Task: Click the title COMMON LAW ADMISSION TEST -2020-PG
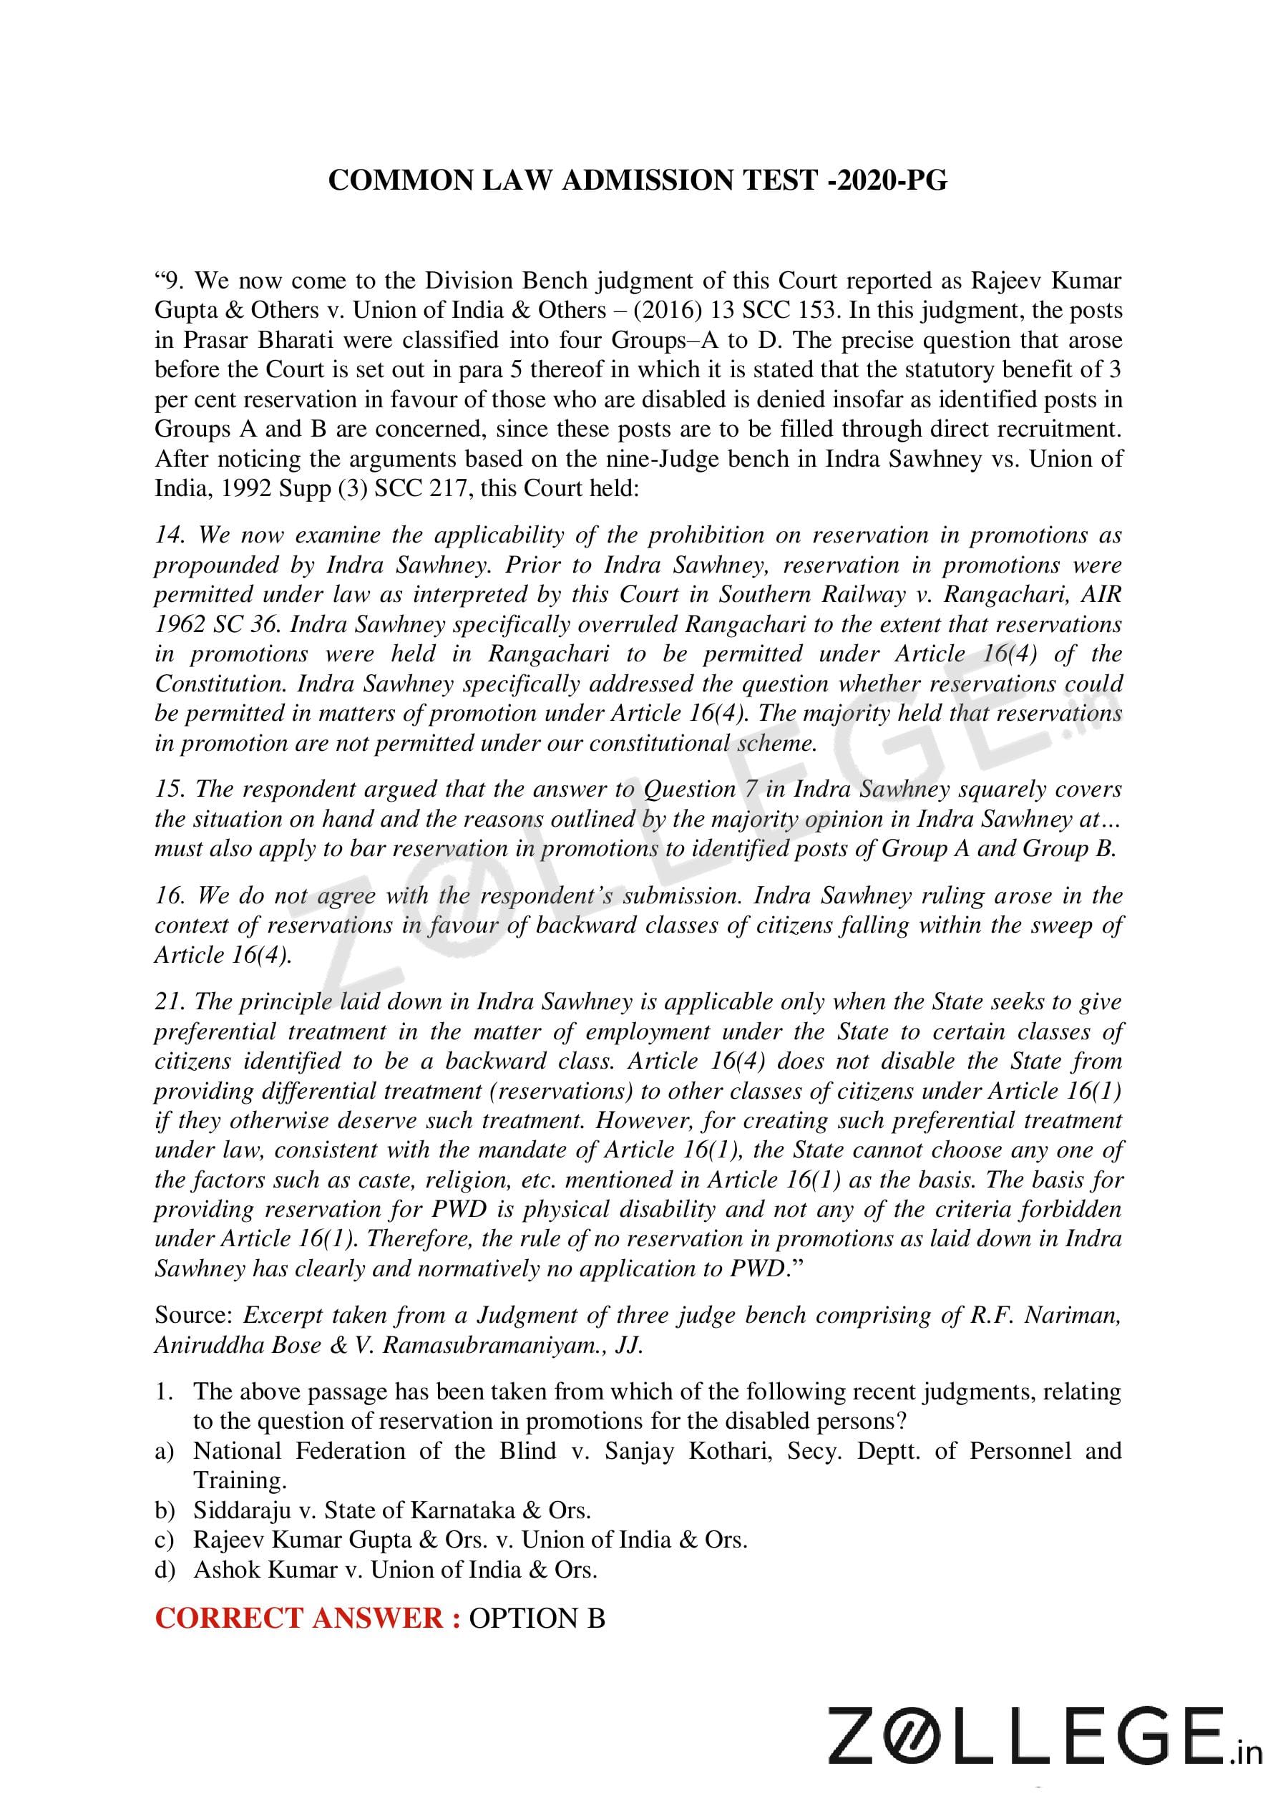click(x=638, y=181)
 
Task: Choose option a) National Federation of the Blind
click(x=657, y=1451)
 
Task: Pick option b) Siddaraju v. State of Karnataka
click(x=392, y=1510)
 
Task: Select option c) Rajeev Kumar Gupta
click(x=470, y=1540)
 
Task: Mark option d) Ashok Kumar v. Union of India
click(x=395, y=1570)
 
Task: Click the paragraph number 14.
click(x=169, y=535)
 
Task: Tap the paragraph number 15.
click(x=169, y=790)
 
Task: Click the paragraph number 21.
click(x=169, y=1002)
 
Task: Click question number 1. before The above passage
click(x=164, y=1391)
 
